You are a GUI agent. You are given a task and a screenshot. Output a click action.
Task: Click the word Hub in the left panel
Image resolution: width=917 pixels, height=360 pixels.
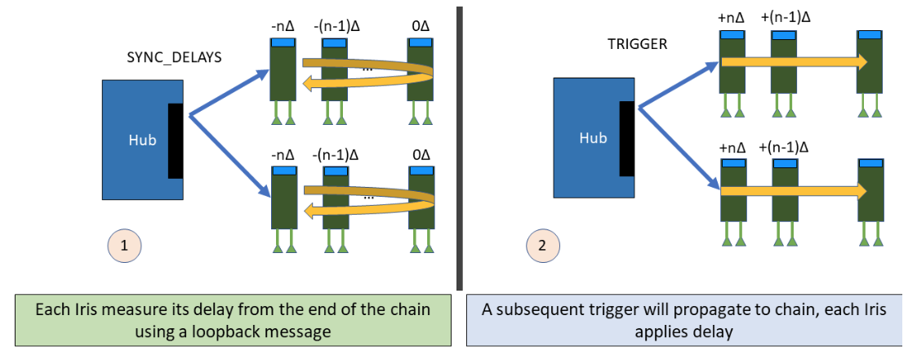[141, 140]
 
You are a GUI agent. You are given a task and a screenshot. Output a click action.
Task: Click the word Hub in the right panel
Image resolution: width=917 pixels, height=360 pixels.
[593, 138]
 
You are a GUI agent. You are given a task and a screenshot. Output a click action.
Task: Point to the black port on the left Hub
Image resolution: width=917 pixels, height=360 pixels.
[176, 140]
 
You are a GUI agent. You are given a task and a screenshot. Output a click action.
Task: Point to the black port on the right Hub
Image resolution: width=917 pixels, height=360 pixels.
[626, 138]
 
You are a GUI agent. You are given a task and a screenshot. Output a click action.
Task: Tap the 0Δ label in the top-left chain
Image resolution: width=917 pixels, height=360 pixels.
[421, 27]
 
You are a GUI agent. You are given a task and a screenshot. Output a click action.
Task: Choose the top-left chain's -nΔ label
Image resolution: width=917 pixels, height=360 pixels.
[283, 27]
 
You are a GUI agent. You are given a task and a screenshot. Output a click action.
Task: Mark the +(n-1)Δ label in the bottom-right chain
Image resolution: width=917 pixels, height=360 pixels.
[785, 148]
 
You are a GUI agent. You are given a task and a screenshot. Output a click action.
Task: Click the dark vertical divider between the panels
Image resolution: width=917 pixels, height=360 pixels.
[459, 147]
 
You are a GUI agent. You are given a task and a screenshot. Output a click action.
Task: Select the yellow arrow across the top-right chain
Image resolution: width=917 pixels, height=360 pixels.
[792, 62]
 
